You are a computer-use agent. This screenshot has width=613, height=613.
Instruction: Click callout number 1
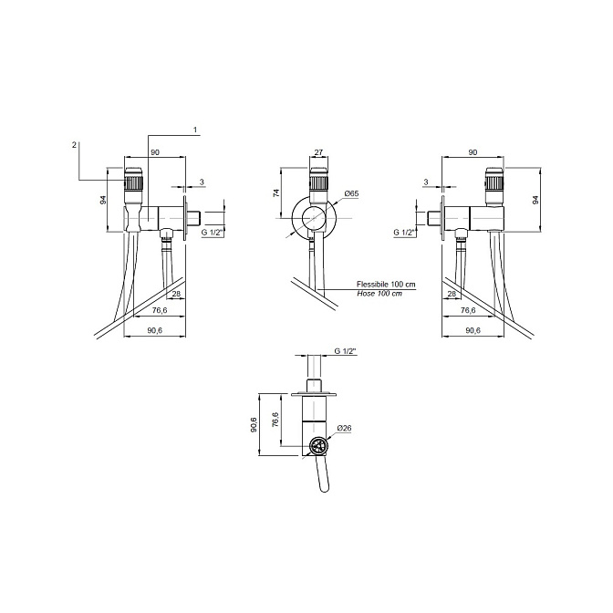[195, 130]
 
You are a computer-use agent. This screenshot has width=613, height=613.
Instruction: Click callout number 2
[74, 145]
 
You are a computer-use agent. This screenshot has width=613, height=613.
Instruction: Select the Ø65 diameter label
[351, 193]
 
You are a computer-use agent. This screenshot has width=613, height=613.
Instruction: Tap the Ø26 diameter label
[344, 428]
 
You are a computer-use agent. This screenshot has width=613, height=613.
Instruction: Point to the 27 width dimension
[318, 152]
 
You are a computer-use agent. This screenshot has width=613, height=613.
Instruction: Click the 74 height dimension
[276, 192]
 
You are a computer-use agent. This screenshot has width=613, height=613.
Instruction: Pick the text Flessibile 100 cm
[386, 285]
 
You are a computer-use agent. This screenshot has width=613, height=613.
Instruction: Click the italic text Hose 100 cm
[379, 293]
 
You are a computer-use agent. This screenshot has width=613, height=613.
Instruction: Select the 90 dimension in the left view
[155, 152]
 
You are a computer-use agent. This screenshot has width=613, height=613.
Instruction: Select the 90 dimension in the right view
[473, 152]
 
